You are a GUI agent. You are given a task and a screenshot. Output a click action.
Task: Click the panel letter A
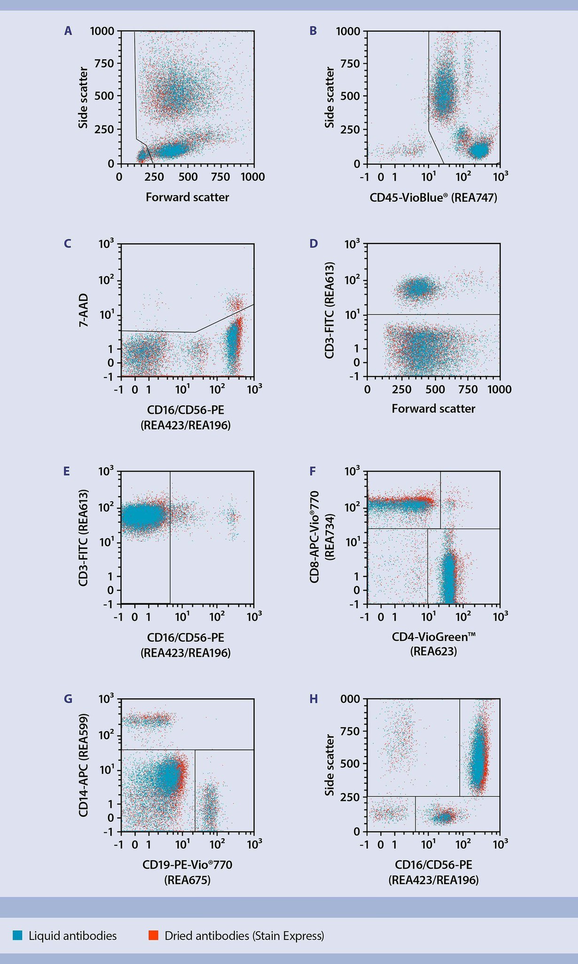click(68, 31)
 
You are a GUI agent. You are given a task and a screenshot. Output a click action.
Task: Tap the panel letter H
click(314, 699)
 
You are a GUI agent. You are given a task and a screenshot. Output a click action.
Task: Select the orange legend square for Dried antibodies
click(154, 935)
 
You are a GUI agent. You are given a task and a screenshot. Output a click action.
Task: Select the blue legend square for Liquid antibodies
click(18, 935)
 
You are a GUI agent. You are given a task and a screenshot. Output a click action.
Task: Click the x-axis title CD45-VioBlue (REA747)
click(434, 197)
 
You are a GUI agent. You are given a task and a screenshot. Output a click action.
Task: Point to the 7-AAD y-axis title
click(83, 311)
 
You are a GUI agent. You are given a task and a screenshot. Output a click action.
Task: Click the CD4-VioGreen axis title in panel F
click(434, 637)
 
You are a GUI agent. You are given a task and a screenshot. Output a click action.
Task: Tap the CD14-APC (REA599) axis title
click(83, 765)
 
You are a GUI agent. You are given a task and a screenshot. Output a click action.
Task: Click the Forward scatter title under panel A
click(187, 197)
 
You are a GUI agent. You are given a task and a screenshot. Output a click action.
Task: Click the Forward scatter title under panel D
click(434, 409)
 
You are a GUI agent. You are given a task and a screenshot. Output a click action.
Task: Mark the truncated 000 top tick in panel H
click(350, 699)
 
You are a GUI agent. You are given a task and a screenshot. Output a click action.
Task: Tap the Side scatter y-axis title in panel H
click(330, 765)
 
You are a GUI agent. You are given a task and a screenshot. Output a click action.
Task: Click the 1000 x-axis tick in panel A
click(252, 177)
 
